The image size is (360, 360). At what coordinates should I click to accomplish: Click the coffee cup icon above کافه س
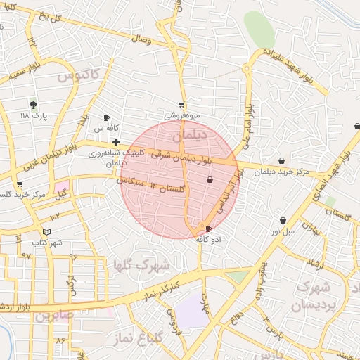106,118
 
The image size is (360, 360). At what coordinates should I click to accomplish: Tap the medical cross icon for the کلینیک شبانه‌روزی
115,142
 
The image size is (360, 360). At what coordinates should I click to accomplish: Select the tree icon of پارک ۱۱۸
33,103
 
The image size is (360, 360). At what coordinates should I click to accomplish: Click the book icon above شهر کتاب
47,232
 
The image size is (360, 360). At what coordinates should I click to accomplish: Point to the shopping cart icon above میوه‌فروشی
182,105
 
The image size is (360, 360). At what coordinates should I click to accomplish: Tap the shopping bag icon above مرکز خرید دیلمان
282,161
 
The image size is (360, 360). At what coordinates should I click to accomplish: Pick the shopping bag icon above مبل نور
283,220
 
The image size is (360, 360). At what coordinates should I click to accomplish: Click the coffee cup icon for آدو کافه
208,229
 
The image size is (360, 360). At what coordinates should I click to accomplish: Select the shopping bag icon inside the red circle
210,181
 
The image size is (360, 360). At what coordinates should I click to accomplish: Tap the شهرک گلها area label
141,266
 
